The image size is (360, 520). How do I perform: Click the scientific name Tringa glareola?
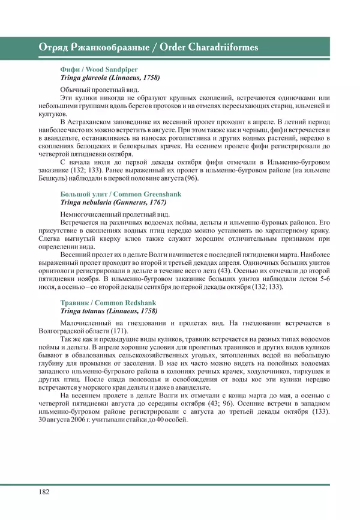(86, 77)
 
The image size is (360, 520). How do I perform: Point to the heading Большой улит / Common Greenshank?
(121, 194)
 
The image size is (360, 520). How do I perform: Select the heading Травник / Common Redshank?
(107, 303)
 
